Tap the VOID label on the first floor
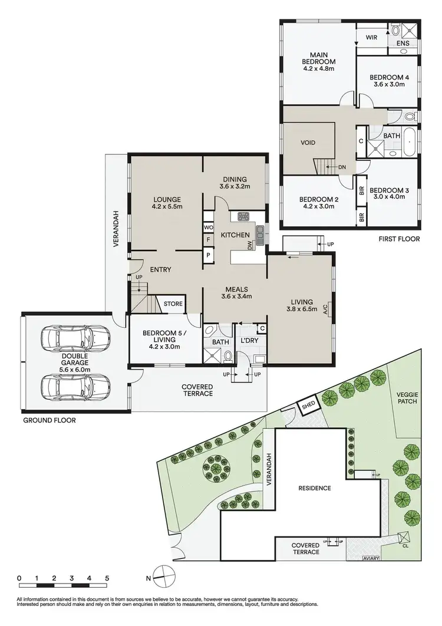308,143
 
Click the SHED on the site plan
309,406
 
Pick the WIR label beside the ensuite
371,37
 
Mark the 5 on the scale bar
107,578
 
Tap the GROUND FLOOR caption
50,420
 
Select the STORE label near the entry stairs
173,304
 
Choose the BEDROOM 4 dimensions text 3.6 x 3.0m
389,84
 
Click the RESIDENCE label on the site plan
314,488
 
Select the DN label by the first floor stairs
342,167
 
